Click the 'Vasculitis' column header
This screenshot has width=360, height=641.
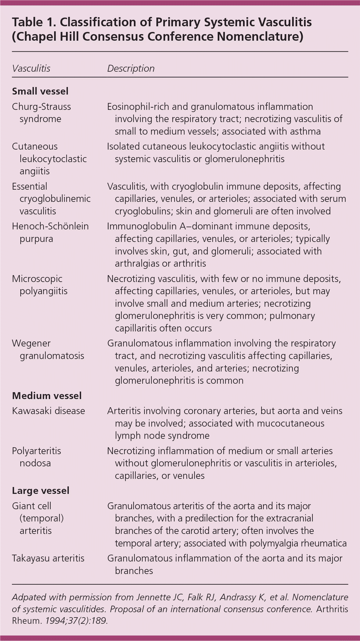(x=31, y=69)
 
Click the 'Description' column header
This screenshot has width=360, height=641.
(x=131, y=69)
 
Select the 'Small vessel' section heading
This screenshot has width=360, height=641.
(x=40, y=91)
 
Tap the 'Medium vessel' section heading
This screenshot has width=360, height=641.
(x=47, y=396)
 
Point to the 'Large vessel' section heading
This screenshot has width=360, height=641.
(x=40, y=490)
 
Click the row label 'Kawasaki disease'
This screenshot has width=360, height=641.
(x=48, y=411)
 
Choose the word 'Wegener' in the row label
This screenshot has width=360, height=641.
(x=31, y=343)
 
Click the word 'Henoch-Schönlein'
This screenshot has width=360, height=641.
(x=50, y=226)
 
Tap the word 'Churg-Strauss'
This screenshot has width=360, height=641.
(x=42, y=106)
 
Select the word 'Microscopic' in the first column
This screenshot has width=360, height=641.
(x=37, y=279)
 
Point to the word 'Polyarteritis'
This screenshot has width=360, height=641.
(x=37, y=451)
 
